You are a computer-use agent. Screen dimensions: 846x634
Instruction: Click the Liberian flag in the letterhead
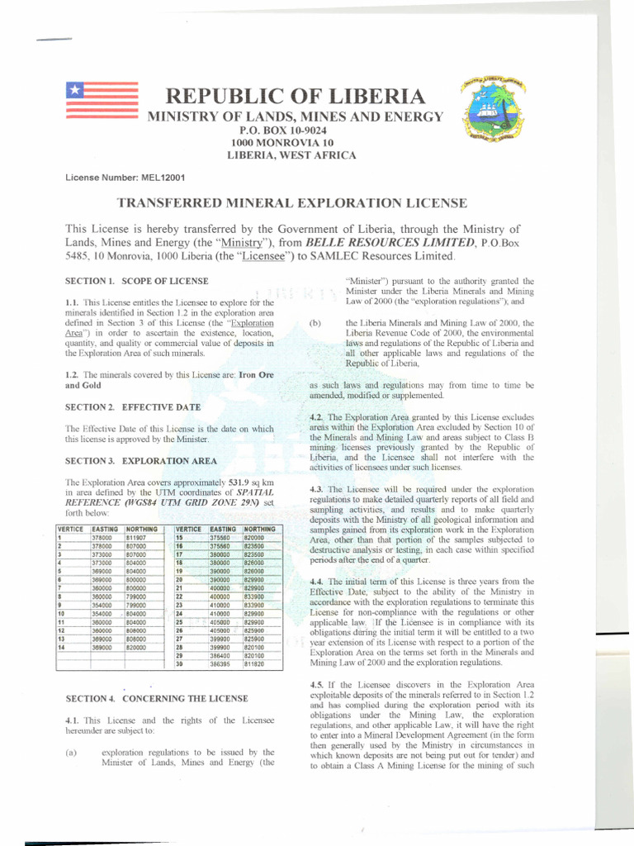101,100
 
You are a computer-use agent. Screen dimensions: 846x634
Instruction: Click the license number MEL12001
166,178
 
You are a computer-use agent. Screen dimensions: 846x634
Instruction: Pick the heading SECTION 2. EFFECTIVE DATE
121,407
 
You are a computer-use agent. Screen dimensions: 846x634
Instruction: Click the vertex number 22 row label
180,596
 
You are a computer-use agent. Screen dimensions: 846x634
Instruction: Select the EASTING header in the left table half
106,529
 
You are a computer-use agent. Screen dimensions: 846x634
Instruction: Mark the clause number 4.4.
317,582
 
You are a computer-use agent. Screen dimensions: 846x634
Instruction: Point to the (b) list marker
315,323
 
